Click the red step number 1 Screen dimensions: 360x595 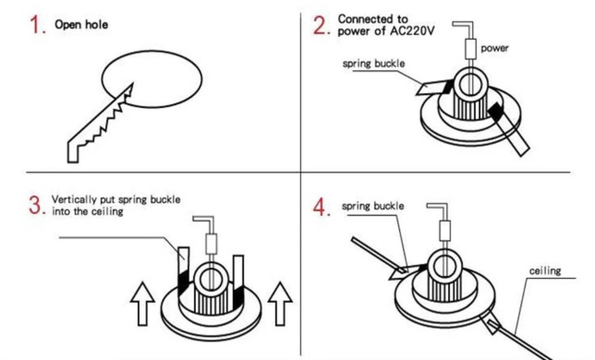(x=36, y=25)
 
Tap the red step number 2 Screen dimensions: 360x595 (x=320, y=25)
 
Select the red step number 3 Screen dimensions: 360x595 (x=36, y=205)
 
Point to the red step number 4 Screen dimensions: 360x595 (x=321, y=207)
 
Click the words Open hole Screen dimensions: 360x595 (x=81, y=25)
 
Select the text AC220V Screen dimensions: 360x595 (x=412, y=31)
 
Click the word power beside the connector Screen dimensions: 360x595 (x=494, y=48)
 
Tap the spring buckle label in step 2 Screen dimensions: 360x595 (x=374, y=63)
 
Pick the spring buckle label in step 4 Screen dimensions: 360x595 (x=373, y=206)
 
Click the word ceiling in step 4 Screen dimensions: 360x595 (x=545, y=271)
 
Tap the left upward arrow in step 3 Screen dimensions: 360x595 (x=142, y=303)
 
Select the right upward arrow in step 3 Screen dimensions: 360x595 (x=280, y=303)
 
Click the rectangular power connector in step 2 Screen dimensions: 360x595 (x=470, y=49)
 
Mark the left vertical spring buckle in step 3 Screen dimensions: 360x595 (x=183, y=270)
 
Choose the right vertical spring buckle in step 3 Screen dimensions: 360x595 (x=238, y=278)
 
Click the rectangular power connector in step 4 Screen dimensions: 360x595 (x=445, y=231)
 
